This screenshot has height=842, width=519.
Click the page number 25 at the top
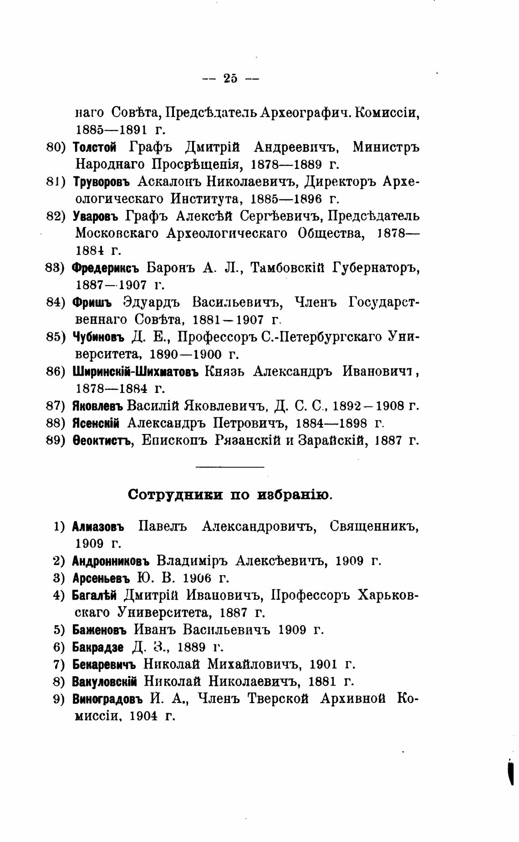click(x=230, y=78)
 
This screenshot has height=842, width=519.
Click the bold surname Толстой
click(x=95, y=148)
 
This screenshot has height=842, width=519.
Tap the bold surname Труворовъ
click(x=101, y=182)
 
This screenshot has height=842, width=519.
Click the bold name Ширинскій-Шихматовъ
click(x=136, y=371)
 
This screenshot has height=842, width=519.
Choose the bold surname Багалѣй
click(x=94, y=596)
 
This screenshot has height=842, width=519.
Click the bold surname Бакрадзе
click(x=98, y=647)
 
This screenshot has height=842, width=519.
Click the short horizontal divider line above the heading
click(x=230, y=467)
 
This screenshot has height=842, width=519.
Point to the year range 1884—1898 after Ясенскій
click(x=331, y=423)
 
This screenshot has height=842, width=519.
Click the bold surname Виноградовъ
click(x=108, y=699)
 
